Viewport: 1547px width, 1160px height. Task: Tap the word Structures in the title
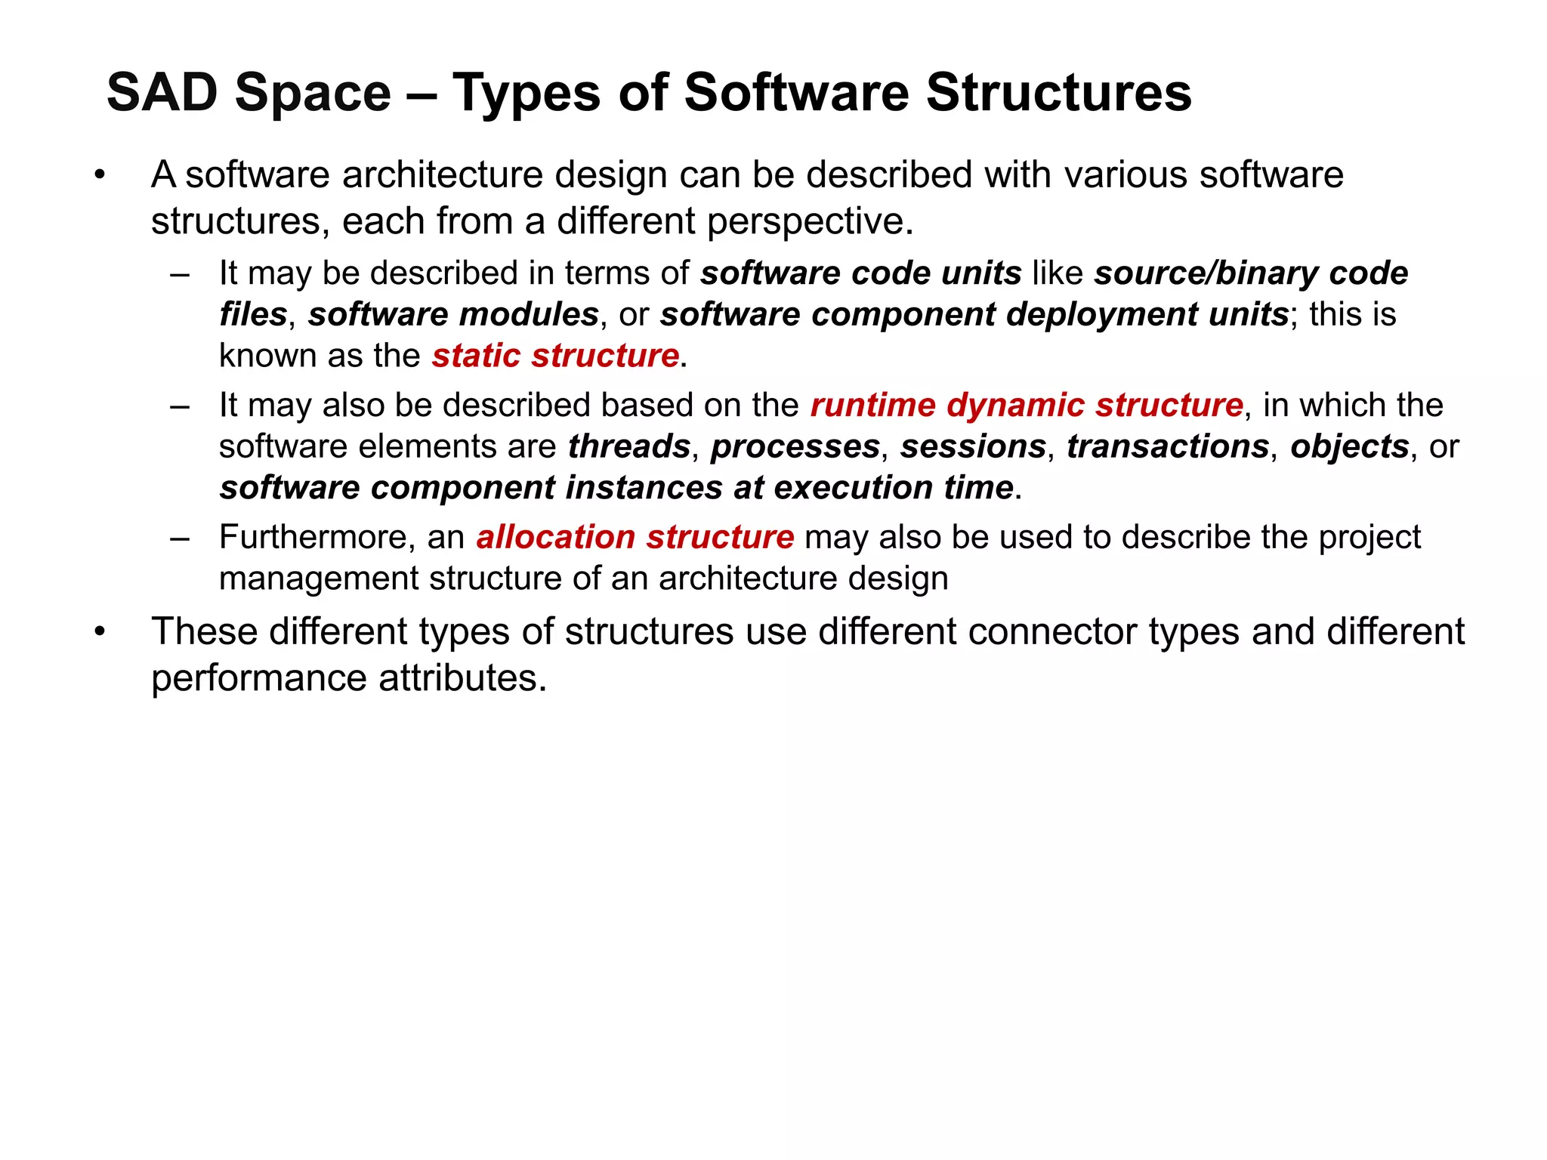(x=1058, y=93)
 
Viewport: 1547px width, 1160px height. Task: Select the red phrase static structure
(x=555, y=356)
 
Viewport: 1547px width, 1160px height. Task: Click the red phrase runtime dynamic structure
(x=1027, y=406)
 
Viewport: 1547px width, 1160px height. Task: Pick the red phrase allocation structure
(x=635, y=538)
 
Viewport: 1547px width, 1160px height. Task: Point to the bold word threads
(x=629, y=446)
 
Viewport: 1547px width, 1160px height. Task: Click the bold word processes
(x=795, y=446)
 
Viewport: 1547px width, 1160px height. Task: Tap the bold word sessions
(x=973, y=446)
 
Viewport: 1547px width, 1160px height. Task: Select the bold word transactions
(x=1168, y=446)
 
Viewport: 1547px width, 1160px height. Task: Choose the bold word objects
(x=1349, y=446)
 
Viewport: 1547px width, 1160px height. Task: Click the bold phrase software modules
(x=453, y=315)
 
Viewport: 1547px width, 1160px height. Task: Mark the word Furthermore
(x=317, y=538)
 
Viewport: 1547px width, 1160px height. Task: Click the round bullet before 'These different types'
(x=99, y=631)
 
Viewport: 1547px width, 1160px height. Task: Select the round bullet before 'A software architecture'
(x=99, y=176)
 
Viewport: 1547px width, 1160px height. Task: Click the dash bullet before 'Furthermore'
(x=180, y=538)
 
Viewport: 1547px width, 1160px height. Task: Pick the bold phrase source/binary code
(x=1251, y=273)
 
